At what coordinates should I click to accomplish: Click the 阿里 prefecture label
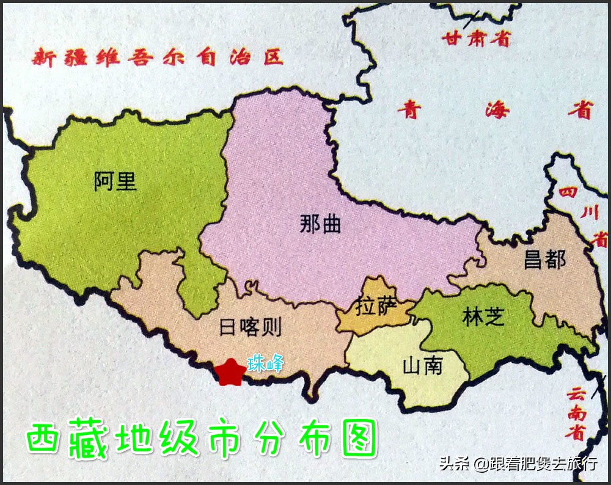click(x=115, y=181)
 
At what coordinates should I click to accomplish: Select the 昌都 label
click(x=544, y=260)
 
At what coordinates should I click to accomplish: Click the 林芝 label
click(x=483, y=317)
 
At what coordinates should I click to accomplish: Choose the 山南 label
click(x=422, y=366)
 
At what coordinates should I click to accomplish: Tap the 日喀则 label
click(x=250, y=327)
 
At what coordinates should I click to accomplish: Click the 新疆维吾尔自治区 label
click(x=158, y=58)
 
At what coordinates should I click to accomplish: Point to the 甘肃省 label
click(x=476, y=39)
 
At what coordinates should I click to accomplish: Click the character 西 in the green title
click(x=45, y=439)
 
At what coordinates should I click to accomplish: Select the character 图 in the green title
click(x=359, y=439)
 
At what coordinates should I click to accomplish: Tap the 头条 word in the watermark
click(x=455, y=464)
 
